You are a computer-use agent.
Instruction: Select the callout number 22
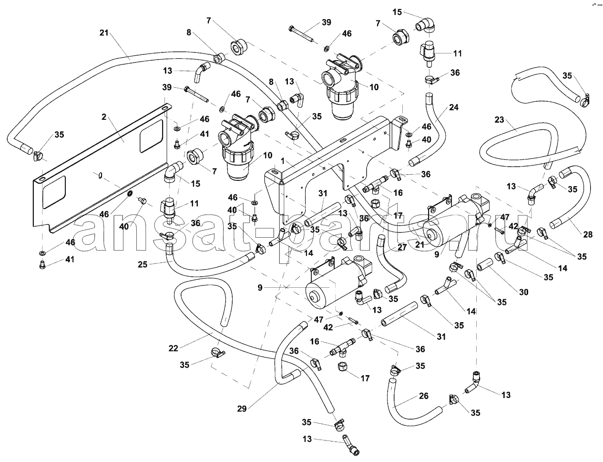click(x=173, y=348)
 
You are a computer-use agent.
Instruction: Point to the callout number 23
click(x=499, y=120)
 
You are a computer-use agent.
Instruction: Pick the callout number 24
click(x=453, y=107)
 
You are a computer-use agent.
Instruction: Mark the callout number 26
click(x=424, y=396)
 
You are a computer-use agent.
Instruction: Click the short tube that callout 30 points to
click(x=485, y=264)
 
